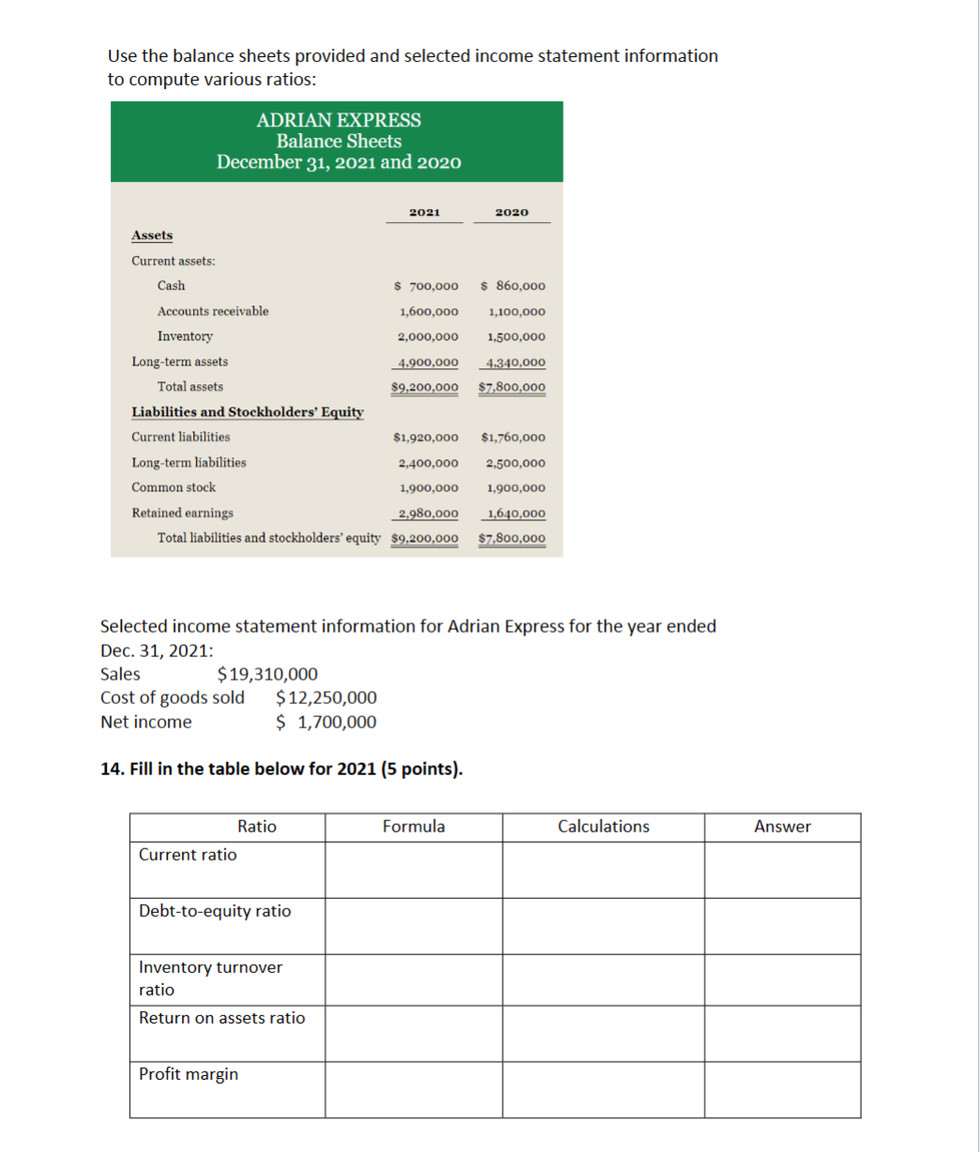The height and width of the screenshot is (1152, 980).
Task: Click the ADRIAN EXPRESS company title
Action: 339,120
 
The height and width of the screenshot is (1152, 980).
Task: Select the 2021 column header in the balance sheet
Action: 425,213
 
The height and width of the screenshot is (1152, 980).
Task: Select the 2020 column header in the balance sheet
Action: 512,213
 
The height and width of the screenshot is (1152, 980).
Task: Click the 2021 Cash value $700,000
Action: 426,286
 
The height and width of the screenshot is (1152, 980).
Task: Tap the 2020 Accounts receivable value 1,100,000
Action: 517,311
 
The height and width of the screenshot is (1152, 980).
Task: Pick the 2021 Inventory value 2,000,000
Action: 429,337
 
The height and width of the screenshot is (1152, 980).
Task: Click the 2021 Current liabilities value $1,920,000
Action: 426,438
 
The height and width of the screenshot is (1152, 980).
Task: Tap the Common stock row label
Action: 173,487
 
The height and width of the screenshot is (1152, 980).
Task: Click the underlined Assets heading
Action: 151,235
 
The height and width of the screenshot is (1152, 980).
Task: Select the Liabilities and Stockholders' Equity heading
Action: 248,412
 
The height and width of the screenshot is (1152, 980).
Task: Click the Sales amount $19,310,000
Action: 267,674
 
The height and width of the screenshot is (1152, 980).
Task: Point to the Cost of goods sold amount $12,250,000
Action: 327,697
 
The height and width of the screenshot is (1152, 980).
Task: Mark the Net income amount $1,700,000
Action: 327,722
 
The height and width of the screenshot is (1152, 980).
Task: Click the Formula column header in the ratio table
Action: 414,827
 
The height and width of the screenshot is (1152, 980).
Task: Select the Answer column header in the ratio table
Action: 782,827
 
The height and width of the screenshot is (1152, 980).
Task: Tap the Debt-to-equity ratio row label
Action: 215,911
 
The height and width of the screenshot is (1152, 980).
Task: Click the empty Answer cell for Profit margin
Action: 782,1089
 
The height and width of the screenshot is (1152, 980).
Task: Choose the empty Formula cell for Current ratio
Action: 414,870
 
